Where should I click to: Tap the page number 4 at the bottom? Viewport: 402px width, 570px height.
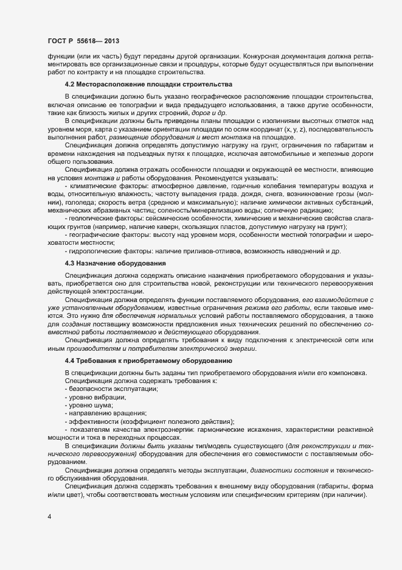[49, 518]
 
